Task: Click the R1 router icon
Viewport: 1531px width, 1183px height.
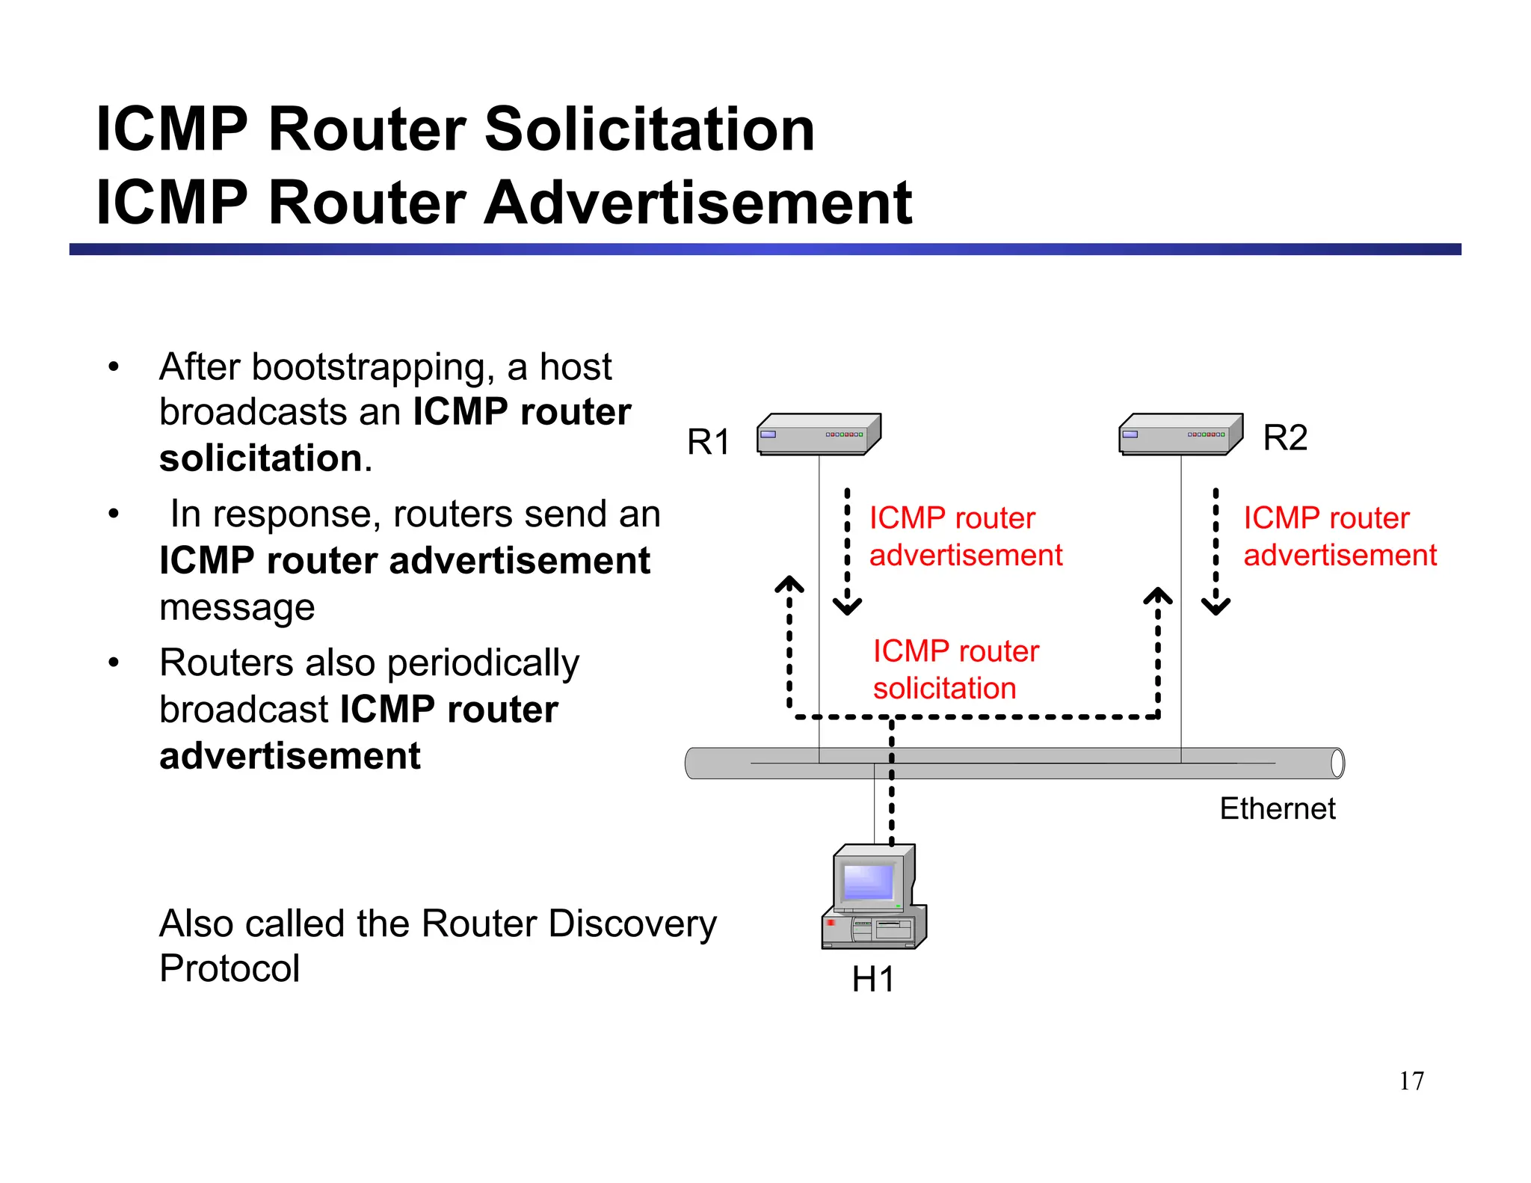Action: click(x=819, y=434)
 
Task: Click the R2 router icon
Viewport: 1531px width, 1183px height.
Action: click(x=1180, y=434)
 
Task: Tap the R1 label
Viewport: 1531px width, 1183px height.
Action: click(x=708, y=442)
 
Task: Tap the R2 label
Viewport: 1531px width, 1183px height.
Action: click(x=1285, y=437)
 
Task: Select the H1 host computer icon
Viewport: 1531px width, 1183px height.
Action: click(x=874, y=897)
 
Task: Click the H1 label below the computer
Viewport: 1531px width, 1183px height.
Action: click(x=872, y=980)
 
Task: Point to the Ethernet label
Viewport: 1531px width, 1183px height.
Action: click(x=1277, y=808)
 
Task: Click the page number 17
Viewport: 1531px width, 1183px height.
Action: click(x=1411, y=1081)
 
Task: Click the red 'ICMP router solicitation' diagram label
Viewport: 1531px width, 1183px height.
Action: click(x=955, y=669)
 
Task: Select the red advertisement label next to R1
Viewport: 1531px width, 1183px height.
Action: click(x=964, y=536)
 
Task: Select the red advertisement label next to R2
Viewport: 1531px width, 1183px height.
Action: click(x=1339, y=536)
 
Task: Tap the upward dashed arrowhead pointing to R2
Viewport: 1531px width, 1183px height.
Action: click(x=1158, y=597)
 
